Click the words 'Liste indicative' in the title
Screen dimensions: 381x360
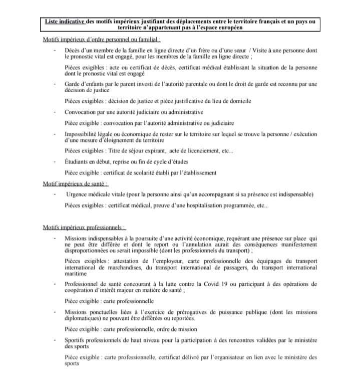63,21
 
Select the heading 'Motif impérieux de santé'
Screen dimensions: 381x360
76,183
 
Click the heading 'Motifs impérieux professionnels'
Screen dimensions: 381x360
85,227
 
